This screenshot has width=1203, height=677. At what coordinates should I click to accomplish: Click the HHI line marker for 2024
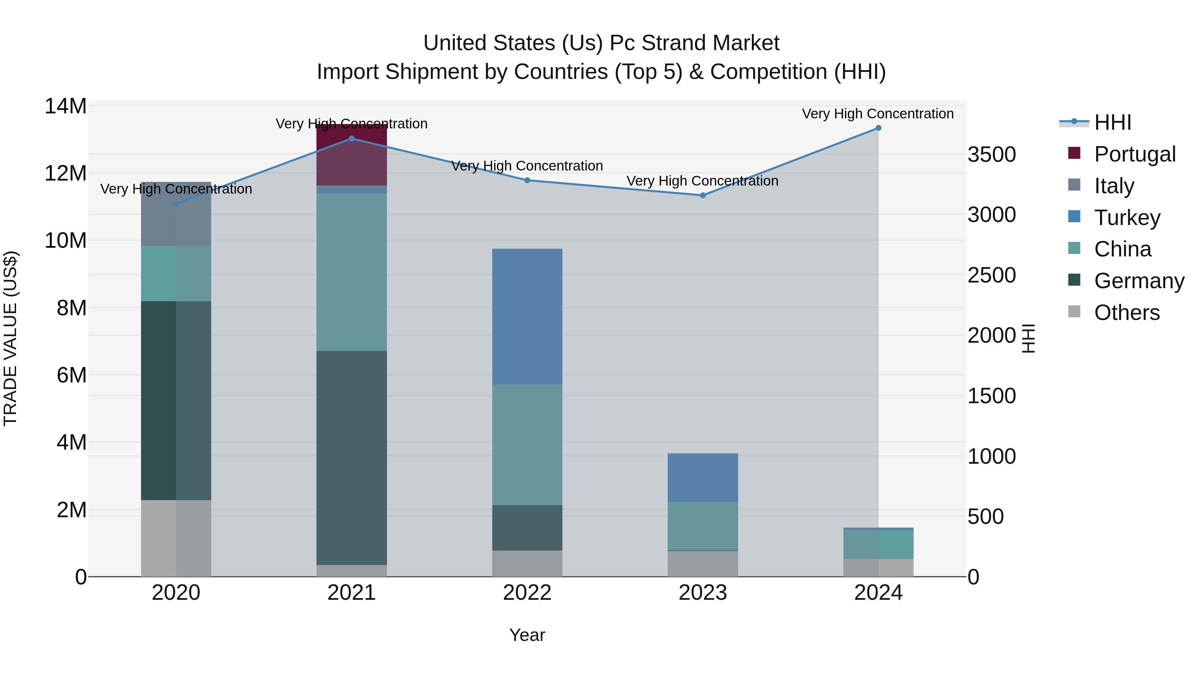(x=878, y=128)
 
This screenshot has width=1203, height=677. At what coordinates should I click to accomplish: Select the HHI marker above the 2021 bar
(x=352, y=139)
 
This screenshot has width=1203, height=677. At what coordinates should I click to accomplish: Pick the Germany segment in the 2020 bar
(x=176, y=401)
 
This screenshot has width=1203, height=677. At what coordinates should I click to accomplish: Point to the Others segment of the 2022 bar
(x=527, y=563)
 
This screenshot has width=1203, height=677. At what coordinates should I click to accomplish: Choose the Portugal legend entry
(x=1134, y=154)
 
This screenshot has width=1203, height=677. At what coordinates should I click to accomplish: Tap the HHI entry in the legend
(x=1112, y=122)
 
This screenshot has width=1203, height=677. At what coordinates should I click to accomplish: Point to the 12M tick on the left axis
(x=65, y=173)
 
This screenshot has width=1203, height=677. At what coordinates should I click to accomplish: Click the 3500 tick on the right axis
(x=991, y=155)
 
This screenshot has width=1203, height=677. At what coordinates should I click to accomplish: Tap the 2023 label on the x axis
(x=702, y=593)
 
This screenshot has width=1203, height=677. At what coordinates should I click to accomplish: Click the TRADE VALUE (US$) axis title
(x=10, y=338)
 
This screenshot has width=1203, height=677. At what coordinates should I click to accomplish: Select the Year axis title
(x=527, y=635)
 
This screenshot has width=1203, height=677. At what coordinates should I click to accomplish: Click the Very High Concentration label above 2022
(x=527, y=166)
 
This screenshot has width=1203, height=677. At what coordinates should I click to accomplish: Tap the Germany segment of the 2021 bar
(x=352, y=458)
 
